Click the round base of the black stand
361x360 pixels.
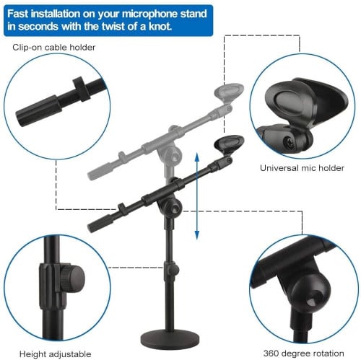170,337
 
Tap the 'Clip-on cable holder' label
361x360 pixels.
54,48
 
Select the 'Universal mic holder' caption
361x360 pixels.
302,168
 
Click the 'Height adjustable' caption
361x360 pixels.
56,354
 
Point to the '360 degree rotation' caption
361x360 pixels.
303,354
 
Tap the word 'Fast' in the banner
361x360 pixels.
18,14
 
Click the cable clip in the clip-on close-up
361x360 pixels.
82,89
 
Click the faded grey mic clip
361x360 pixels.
229,93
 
